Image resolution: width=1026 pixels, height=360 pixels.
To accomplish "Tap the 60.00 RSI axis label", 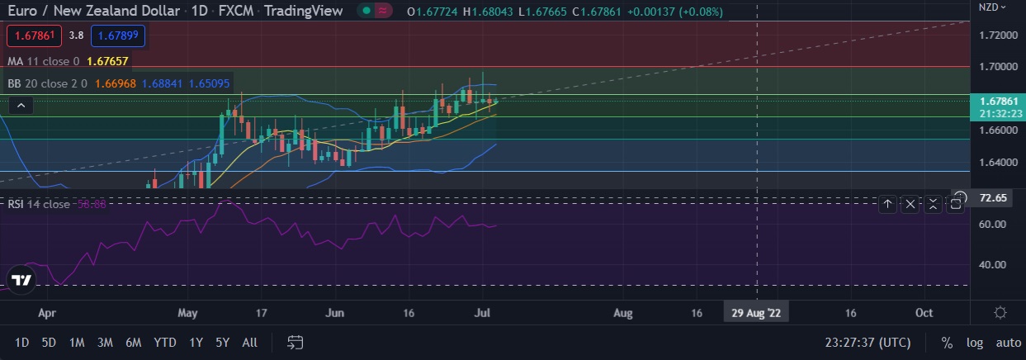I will click(992, 225).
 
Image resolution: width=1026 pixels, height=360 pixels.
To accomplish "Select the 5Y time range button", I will click(222, 343).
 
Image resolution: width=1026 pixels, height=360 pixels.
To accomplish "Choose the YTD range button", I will click(165, 343).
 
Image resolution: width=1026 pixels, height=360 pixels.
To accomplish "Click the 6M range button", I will click(133, 343).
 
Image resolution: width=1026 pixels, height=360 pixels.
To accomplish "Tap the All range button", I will click(249, 343).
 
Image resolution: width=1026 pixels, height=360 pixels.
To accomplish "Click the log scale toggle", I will click(975, 343).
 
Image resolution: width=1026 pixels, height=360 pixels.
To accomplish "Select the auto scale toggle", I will click(1008, 343).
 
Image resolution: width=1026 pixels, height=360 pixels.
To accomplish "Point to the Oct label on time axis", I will click(924, 313).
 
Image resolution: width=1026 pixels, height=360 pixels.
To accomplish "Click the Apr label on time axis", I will click(47, 313).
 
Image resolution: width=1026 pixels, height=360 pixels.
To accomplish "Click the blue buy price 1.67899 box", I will click(118, 36).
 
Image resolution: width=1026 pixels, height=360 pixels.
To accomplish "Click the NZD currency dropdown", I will click(992, 7).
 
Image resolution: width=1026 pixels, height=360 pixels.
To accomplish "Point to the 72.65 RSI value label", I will click(991, 198).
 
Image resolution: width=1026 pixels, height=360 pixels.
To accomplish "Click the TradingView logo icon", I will click(23, 280).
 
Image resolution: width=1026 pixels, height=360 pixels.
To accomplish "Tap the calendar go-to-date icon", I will click(296, 343).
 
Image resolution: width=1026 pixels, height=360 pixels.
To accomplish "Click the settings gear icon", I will click(1000, 313).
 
